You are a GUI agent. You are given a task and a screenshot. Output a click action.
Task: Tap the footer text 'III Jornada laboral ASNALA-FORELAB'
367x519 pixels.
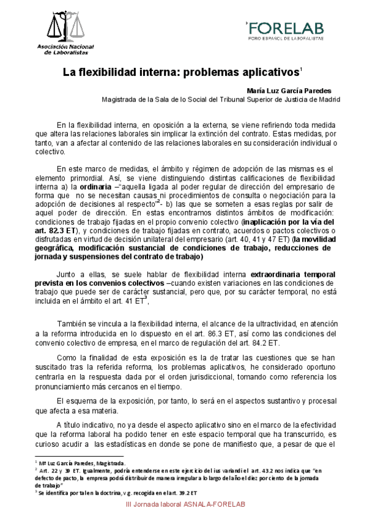184,504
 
